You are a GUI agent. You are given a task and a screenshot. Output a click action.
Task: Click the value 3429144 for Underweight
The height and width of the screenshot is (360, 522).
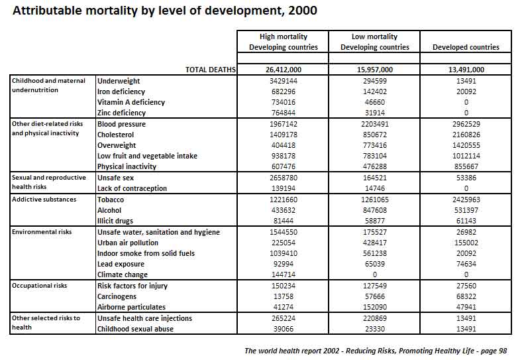pyautogui.click(x=284, y=81)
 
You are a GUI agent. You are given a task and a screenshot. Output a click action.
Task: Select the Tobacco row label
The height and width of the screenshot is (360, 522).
pyautogui.click(x=111, y=200)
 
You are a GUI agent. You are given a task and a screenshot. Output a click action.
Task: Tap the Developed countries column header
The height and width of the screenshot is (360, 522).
pyautogui.click(x=466, y=47)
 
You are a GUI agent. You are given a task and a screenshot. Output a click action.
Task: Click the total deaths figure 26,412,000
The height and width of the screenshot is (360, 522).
pyautogui.click(x=284, y=70)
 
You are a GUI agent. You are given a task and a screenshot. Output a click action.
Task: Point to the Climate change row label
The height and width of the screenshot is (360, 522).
pyautogui.click(x=122, y=274)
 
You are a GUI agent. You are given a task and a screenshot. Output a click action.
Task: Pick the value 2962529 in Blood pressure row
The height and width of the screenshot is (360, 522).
pyautogui.click(x=466, y=124)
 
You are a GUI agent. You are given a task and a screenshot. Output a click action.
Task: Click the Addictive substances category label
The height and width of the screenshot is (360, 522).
pyautogui.click(x=44, y=200)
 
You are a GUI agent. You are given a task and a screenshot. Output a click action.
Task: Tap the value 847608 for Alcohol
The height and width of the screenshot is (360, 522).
pyautogui.click(x=375, y=210)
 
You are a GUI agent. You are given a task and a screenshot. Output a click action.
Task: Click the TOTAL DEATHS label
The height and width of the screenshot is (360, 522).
pyautogui.click(x=211, y=70)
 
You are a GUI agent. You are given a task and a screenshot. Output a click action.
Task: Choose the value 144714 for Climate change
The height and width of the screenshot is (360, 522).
pyautogui.click(x=284, y=274)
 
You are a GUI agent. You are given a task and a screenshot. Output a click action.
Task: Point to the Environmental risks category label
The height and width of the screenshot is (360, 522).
pyautogui.click(x=42, y=231)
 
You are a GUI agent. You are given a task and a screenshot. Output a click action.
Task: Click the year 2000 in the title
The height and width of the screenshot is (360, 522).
pyautogui.click(x=303, y=11)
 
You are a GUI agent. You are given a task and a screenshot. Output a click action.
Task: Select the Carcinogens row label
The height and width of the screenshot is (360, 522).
pyautogui.click(x=117, y=296)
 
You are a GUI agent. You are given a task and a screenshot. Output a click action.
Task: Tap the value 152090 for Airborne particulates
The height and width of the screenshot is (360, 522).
pyautogui.click(x=375, y=307)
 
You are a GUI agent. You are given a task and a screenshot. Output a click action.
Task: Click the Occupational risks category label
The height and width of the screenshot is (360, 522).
pyautogui.click(x=39, y=286)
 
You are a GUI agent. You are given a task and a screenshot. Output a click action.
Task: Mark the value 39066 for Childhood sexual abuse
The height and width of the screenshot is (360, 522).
pyautogui.click(x=284, y=329)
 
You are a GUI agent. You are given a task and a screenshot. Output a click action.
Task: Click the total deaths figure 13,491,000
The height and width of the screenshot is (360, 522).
pyautogui.click(x=466, y=70)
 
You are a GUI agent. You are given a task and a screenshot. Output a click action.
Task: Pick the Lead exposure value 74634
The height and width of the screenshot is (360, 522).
pyautogui.click(x=466, y=264)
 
